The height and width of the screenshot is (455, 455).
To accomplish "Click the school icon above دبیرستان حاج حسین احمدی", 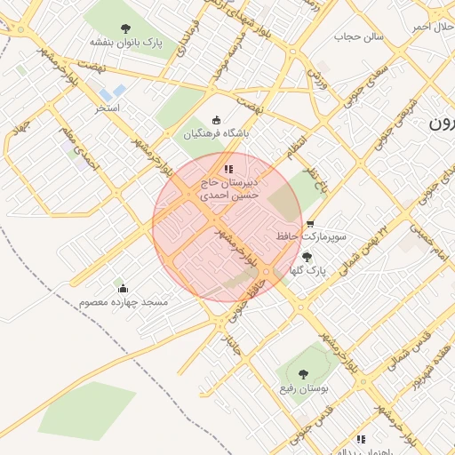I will pyautogui.click(x=228, y=168).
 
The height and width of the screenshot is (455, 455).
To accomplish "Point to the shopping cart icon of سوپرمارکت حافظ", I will pyautogui.click(x=309, y=224).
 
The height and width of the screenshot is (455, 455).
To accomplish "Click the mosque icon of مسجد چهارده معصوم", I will pyautogui.click(x=123, y=288).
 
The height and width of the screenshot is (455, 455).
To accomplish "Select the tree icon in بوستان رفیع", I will pyautogui.click(x=303, y=374).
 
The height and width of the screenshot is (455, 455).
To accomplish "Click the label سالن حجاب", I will pyautogui.click(x=359, y=37).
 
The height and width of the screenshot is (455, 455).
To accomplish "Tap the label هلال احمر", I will pyautogui.click(x=433, y=27).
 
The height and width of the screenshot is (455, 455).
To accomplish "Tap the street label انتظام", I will pyautogui.click(x=296, y=146).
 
